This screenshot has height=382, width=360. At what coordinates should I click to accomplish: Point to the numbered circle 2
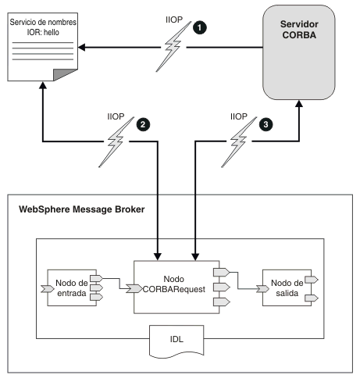pyautogui.click(x=144, y=123)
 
